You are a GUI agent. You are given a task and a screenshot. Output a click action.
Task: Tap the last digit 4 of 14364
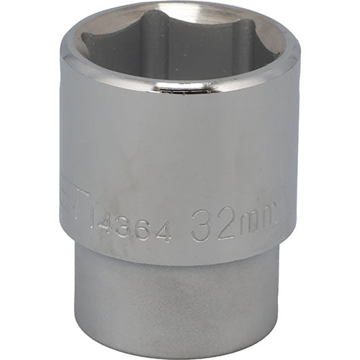[166, 230]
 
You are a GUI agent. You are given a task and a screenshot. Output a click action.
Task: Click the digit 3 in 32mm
[202, 229]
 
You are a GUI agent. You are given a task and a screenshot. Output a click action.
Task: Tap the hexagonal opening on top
[180, 43]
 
